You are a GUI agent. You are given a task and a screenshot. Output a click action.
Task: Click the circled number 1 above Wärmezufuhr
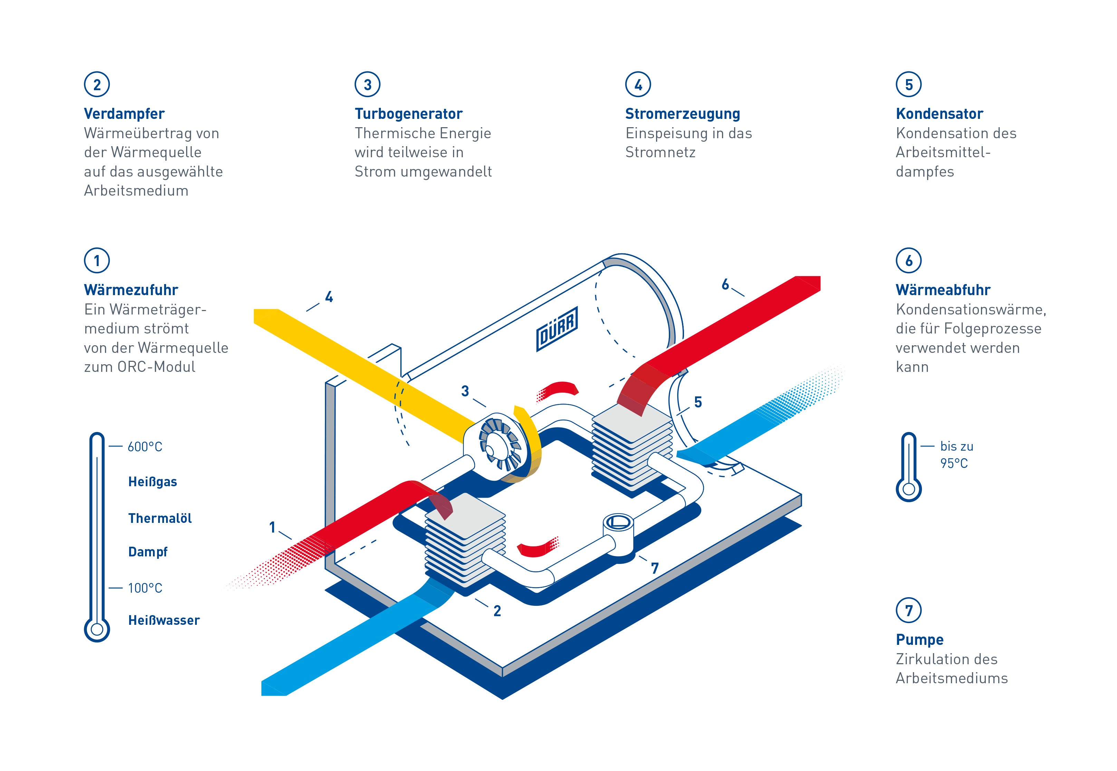[x=97, y=261]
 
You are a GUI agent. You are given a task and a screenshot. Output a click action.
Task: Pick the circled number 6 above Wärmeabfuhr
[x=908, y=261]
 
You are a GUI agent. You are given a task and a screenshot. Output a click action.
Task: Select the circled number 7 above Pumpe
[x=908, y=611]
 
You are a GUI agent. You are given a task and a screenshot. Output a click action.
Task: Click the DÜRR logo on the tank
[x=557, y=329]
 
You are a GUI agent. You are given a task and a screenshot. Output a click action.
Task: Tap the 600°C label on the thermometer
[x=145, y=447]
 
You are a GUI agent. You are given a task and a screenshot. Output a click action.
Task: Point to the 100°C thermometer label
[x=145, y=588]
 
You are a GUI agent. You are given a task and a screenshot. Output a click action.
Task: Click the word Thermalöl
[x=160, y=518]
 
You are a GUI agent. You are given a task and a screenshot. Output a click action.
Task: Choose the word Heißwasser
[x=164, y=620]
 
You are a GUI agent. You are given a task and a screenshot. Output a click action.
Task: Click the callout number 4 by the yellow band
[x=329, y=297]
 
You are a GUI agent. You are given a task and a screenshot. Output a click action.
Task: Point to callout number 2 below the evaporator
[x=497, y=611]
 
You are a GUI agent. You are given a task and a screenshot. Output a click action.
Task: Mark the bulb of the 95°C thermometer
[x=908, y=489]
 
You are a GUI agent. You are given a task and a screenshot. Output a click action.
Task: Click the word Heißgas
[x=153, y=482]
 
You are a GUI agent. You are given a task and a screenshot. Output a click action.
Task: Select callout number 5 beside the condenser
[x=698, y=402]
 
